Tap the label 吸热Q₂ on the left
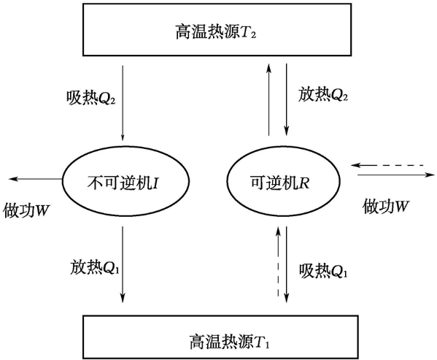tap(91, 98)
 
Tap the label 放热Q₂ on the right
tap(323, 94)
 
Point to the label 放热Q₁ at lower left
tap(95, 267)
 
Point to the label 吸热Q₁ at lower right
tap(323, 270)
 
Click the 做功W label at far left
tap(26, 210)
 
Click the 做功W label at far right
tap(385, 206)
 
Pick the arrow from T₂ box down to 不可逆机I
tap(123, 103)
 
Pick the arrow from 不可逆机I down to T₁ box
tap(123, 264)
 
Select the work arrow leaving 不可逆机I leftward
tap(36, 179)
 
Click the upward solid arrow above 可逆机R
tap(268, 99)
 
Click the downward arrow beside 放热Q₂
tap(286, 99)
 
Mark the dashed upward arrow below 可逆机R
tap(277, 261)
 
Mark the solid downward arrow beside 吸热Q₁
tap(286, 264)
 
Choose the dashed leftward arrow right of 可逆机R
tap(387, 165)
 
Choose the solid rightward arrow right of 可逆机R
tap(396, 175)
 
